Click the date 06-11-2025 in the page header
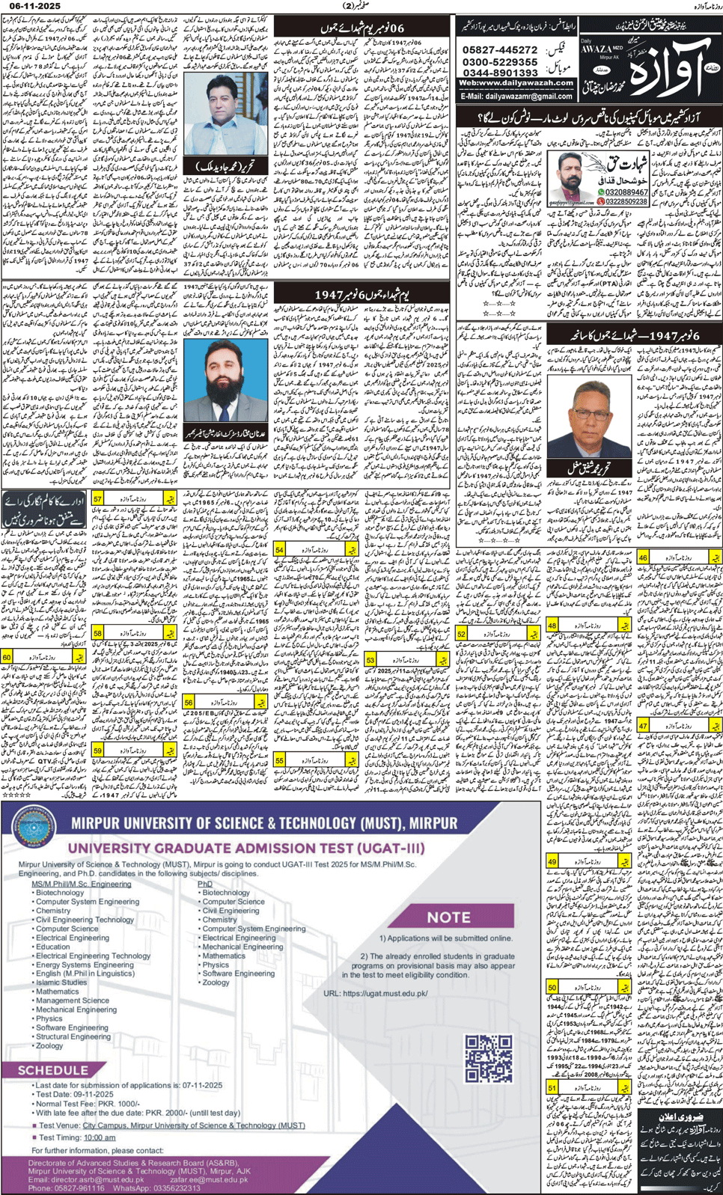31,6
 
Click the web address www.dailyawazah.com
516,84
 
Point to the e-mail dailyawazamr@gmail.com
516,97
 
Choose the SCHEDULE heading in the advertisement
52,1071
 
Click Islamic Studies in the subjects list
61,982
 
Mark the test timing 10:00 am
99,1137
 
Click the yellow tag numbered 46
642,557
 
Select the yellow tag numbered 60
7,657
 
